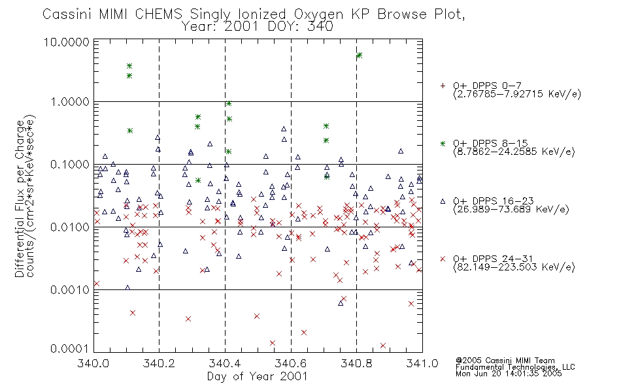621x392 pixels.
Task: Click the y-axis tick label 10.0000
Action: pyautogui.click(x=66, y=42)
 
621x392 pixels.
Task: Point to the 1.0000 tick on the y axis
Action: pyautogui.click(x=70, y=102)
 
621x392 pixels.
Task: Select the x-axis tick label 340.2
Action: pyautogui.click(x=158, y=363)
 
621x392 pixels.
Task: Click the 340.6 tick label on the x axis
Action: pyautogui.click(x=291, y=363)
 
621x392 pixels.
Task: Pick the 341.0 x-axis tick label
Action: pyautogui.click(x=422, y=363)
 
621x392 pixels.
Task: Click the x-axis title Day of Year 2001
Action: pyautogui.click(x=258, y=376)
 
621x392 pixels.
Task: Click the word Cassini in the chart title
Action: pyautogui.click(x=67, y=14)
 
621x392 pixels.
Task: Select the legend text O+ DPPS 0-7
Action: pyautogui.click(x=487, y=86)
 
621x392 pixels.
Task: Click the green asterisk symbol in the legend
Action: pyautogui.click(x=443, y=143)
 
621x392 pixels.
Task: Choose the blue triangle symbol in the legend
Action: pyautogui.click(x=443, y=201)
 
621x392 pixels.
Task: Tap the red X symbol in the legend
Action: pyautogui.click(x=443, y=259)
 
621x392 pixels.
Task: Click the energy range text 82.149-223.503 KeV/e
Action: pyautogui.click(x=514, y=267)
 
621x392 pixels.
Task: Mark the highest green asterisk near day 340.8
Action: pyautogui.click(x=360, y=56)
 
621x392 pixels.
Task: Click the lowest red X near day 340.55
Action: pyautogui.click(x=273, y=343)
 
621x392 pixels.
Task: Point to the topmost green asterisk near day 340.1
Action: pyautogui.click(x=129, y=66)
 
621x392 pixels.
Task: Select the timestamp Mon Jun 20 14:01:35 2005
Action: pyautogui.click(x=509, y=374)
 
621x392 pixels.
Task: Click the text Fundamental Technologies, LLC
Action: pyautogui.click(x=515, y=367)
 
